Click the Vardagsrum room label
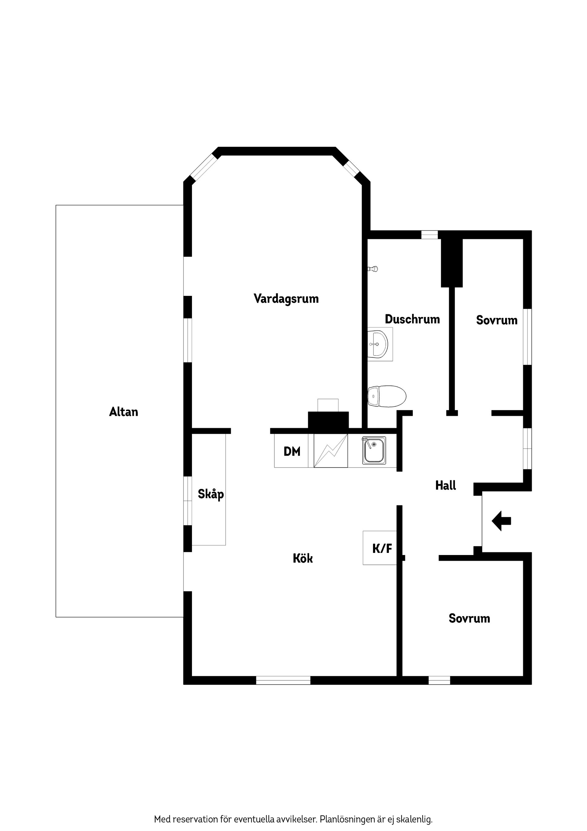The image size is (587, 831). pyautogui.click(x=286, y=299)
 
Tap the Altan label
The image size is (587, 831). pyautogui.click(x=124, y=412)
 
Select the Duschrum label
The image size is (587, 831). pyautogui.click(x=412, y=319)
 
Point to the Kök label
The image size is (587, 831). pyautogui.click(x=303, y=558)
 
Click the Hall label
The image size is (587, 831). pyautogui.click(x=445, y=485)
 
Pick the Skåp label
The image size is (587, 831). pyautogui.click(x=211, y=494)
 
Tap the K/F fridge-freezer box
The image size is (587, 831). pyautogui.click(x=380, y=548)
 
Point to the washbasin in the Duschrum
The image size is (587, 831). pyautogui.click(x=379, y=344)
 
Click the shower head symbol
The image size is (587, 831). pyautogui.click(x=373, y=269)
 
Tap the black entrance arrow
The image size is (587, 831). pyautogui.click(x=501, y=521)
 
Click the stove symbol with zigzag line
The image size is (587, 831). pyautogui.click(x=330, y=451)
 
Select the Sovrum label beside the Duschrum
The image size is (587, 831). pyautogui.click(x=497, y=320)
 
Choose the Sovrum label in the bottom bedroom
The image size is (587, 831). pyautogui.click(x=469, y=619)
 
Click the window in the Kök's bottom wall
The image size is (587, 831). pyautogui.click(x=283, y=680)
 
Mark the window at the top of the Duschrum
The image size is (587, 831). pyautogui.click(x=429, y=235)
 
